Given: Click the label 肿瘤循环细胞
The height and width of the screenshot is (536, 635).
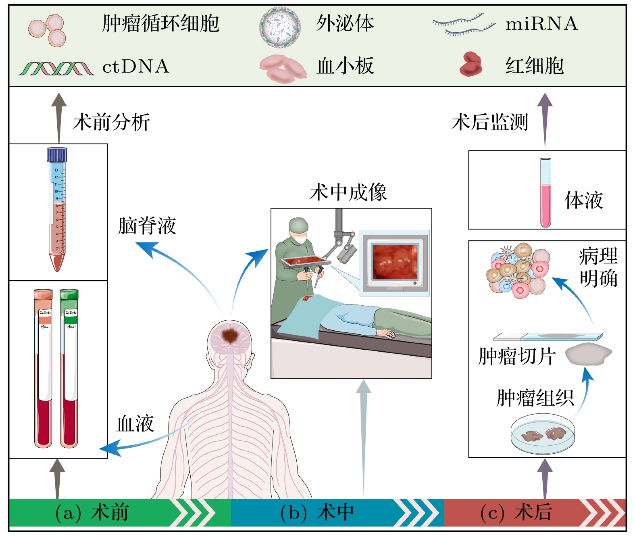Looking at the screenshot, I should pos(160,23).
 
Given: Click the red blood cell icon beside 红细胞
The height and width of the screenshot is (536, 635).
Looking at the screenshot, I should pos(471,65).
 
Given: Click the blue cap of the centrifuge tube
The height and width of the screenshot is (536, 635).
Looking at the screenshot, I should pos(57,154).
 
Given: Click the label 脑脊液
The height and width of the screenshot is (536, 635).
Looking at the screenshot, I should pos(147,226).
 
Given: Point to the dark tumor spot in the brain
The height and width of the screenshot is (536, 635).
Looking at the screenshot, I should pos(230,335).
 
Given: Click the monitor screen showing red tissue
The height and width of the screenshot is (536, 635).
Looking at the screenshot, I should pos(395,262).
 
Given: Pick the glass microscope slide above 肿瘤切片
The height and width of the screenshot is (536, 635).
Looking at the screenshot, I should pos(548,336).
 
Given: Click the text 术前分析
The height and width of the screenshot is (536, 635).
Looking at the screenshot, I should pos(111,122).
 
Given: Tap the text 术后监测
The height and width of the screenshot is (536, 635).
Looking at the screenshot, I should pos(489,122).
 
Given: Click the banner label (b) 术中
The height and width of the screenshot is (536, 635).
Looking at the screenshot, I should pos(317,513).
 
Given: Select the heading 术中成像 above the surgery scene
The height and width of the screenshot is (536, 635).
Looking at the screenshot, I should pos(348,192).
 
